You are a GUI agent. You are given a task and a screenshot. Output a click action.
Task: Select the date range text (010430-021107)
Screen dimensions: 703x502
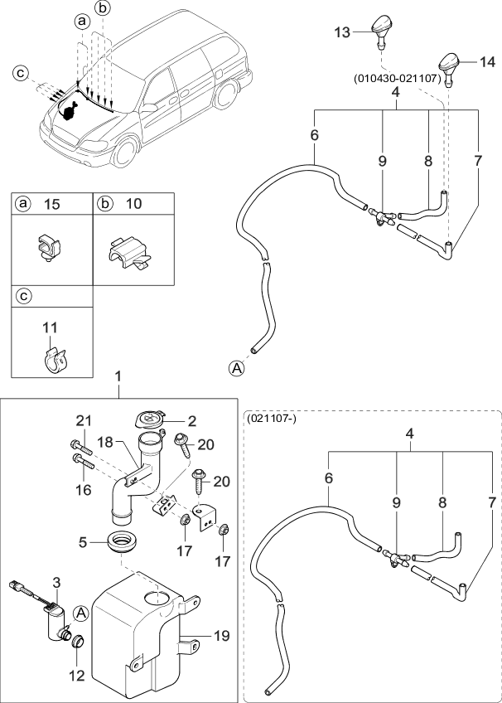[x=396, y=80]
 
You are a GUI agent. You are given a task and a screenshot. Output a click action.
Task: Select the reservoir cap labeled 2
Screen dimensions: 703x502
[x=152, y=419]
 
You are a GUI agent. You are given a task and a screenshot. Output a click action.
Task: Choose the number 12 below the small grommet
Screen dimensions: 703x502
[x=76, y=676]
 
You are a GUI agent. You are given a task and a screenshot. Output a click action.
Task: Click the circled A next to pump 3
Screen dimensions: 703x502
[x=80, y=613]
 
